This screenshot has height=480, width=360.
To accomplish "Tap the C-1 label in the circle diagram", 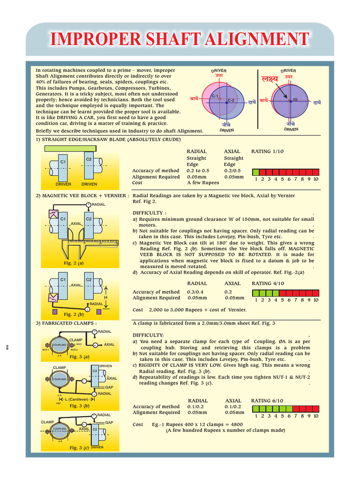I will (x=215, y=96).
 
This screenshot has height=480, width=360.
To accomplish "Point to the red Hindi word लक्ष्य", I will (x=270, y=79).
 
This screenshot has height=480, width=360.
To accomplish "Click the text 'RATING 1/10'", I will (x=268, y=151).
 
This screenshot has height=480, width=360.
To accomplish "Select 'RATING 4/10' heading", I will (x=268, y=283).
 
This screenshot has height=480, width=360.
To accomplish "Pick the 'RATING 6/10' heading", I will (x=268, y=401).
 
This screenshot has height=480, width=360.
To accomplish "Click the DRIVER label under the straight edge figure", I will (x=63, y=184).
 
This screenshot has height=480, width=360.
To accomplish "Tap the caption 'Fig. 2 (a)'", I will (x=75, y=263).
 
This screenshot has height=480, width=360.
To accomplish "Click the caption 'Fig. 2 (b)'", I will (x=75, y=314).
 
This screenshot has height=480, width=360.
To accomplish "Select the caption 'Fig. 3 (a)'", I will (x=79, y=357).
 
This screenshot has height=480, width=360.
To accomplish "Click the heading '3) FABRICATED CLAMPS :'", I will (x=67, y=323).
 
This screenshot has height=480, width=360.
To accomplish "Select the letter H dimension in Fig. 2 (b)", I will (x=106, y=297).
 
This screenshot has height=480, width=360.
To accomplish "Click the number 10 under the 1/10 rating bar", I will (x=316, y=179).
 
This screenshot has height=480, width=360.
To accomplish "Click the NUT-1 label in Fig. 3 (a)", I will (x=45, y=350).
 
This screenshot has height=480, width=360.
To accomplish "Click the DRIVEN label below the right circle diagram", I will (x=291, y=129).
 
